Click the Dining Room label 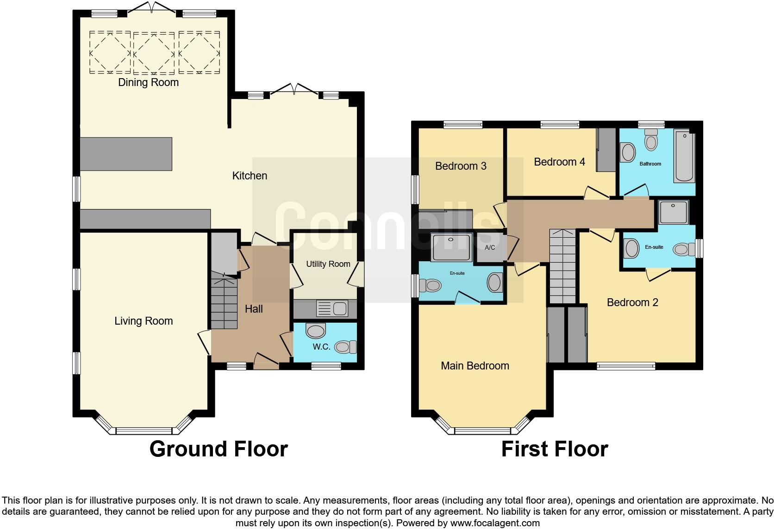pyautogui.click(x=148, y=82)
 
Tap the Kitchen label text pyautogui.click(x=250, y=176)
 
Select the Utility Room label pyautogui.click(x=328, y=264)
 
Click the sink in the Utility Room pyautogui.click(x=332, y=308)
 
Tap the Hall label pyautogui.click(x=254, y=309)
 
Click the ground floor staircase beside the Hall pyautogui.click(x=224, y=301)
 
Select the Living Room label pyautogui.click(x=144, y=321)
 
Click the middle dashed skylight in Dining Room pyautogui.click(x=154, y=53)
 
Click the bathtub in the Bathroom pyautogui.click(x=684, y=157)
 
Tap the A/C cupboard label pyautogui.click(x=490, y=247)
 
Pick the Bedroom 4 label pyautogui.click(x=559, y=162)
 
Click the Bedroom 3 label pyautogui.click(x=461, y=166)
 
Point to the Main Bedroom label pyautogui.click(x=474, y=366)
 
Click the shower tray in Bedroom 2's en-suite pyautogui.click(x=674, y=212)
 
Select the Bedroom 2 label pyautogui.click(x=632, y=302)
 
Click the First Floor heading pyautogui.click(x=554, y=449)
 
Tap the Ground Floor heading pyautogui.click(x=218, y=449)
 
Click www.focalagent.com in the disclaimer pyautogui.click(x=495, y=523)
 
